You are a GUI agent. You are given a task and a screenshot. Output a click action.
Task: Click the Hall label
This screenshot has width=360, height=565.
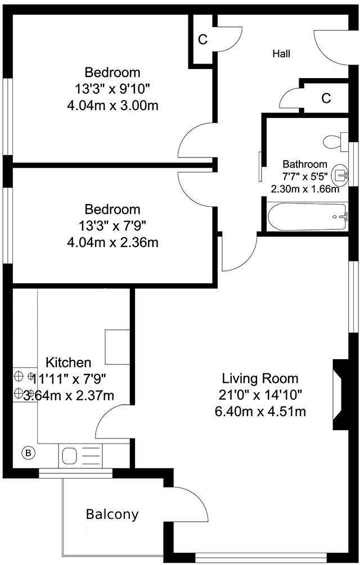(x=281, y=54)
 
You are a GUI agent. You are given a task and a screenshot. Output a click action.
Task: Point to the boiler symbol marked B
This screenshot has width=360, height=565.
(x=28, y=452)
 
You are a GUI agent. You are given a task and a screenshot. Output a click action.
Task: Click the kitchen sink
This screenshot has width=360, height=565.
(x=71, y=454)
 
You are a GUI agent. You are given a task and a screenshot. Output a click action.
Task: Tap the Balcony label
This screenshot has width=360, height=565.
(x=112, y=514)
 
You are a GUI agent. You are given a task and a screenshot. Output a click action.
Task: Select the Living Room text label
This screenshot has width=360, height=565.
(x=260, y=378)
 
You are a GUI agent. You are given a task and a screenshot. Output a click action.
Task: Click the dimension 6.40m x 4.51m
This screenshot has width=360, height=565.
(x=260, y=411)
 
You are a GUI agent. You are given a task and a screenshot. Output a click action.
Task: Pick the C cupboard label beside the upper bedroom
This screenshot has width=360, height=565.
(x=202, y=40)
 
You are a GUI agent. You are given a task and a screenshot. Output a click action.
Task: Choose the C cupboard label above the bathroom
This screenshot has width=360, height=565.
(x=326, y=98)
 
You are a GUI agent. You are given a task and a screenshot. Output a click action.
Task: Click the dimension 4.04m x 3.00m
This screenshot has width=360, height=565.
(x=112, y=105)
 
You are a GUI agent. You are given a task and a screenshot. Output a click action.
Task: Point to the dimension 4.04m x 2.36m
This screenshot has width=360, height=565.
(x=112, y=242)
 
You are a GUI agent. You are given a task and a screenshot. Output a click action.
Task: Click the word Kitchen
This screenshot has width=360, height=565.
(x=68, y=362)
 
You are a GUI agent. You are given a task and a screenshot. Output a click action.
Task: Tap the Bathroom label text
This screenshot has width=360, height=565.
(x=304, y=164)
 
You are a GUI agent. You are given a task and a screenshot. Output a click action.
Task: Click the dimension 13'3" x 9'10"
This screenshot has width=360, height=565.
(x=112, y=89)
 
